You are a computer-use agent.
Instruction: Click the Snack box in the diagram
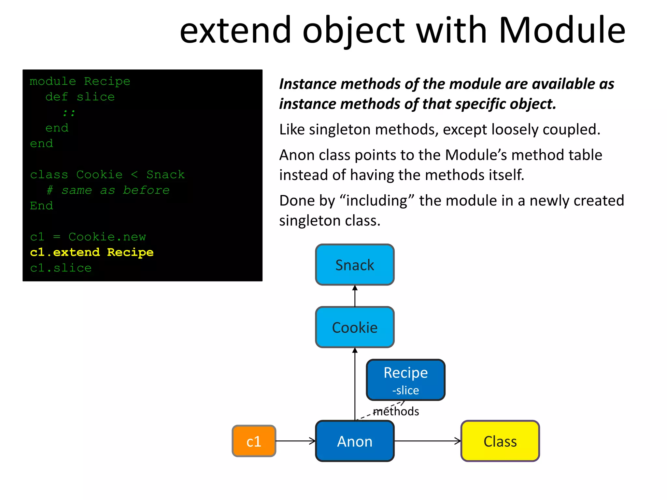click(x=355, y=265)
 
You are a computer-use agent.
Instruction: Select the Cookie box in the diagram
click(x=355, y=327)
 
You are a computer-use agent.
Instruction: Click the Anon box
click(x=355, y=441)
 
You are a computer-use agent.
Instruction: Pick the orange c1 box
click(x=254, y=441)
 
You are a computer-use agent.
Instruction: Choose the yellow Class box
click(x=500, y=441)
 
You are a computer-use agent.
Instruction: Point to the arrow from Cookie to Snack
click(x=355, y=296)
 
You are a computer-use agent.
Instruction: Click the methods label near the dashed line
click(x=396, y=411)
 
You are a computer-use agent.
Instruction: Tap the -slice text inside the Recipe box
click(x=405, y=390)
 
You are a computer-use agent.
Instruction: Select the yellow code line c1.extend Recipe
click(x=92, y=252)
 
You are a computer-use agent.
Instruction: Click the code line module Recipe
click(x=80, y=81)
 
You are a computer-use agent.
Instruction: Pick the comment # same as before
click(x=108, y=190)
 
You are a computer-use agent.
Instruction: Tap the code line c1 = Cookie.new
click(x=88, y=237)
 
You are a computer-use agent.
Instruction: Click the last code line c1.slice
click(x=61, y=268)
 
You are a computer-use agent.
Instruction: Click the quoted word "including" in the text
click(x=377, y=201)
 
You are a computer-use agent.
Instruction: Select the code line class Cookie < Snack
click(x=107, y=174)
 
